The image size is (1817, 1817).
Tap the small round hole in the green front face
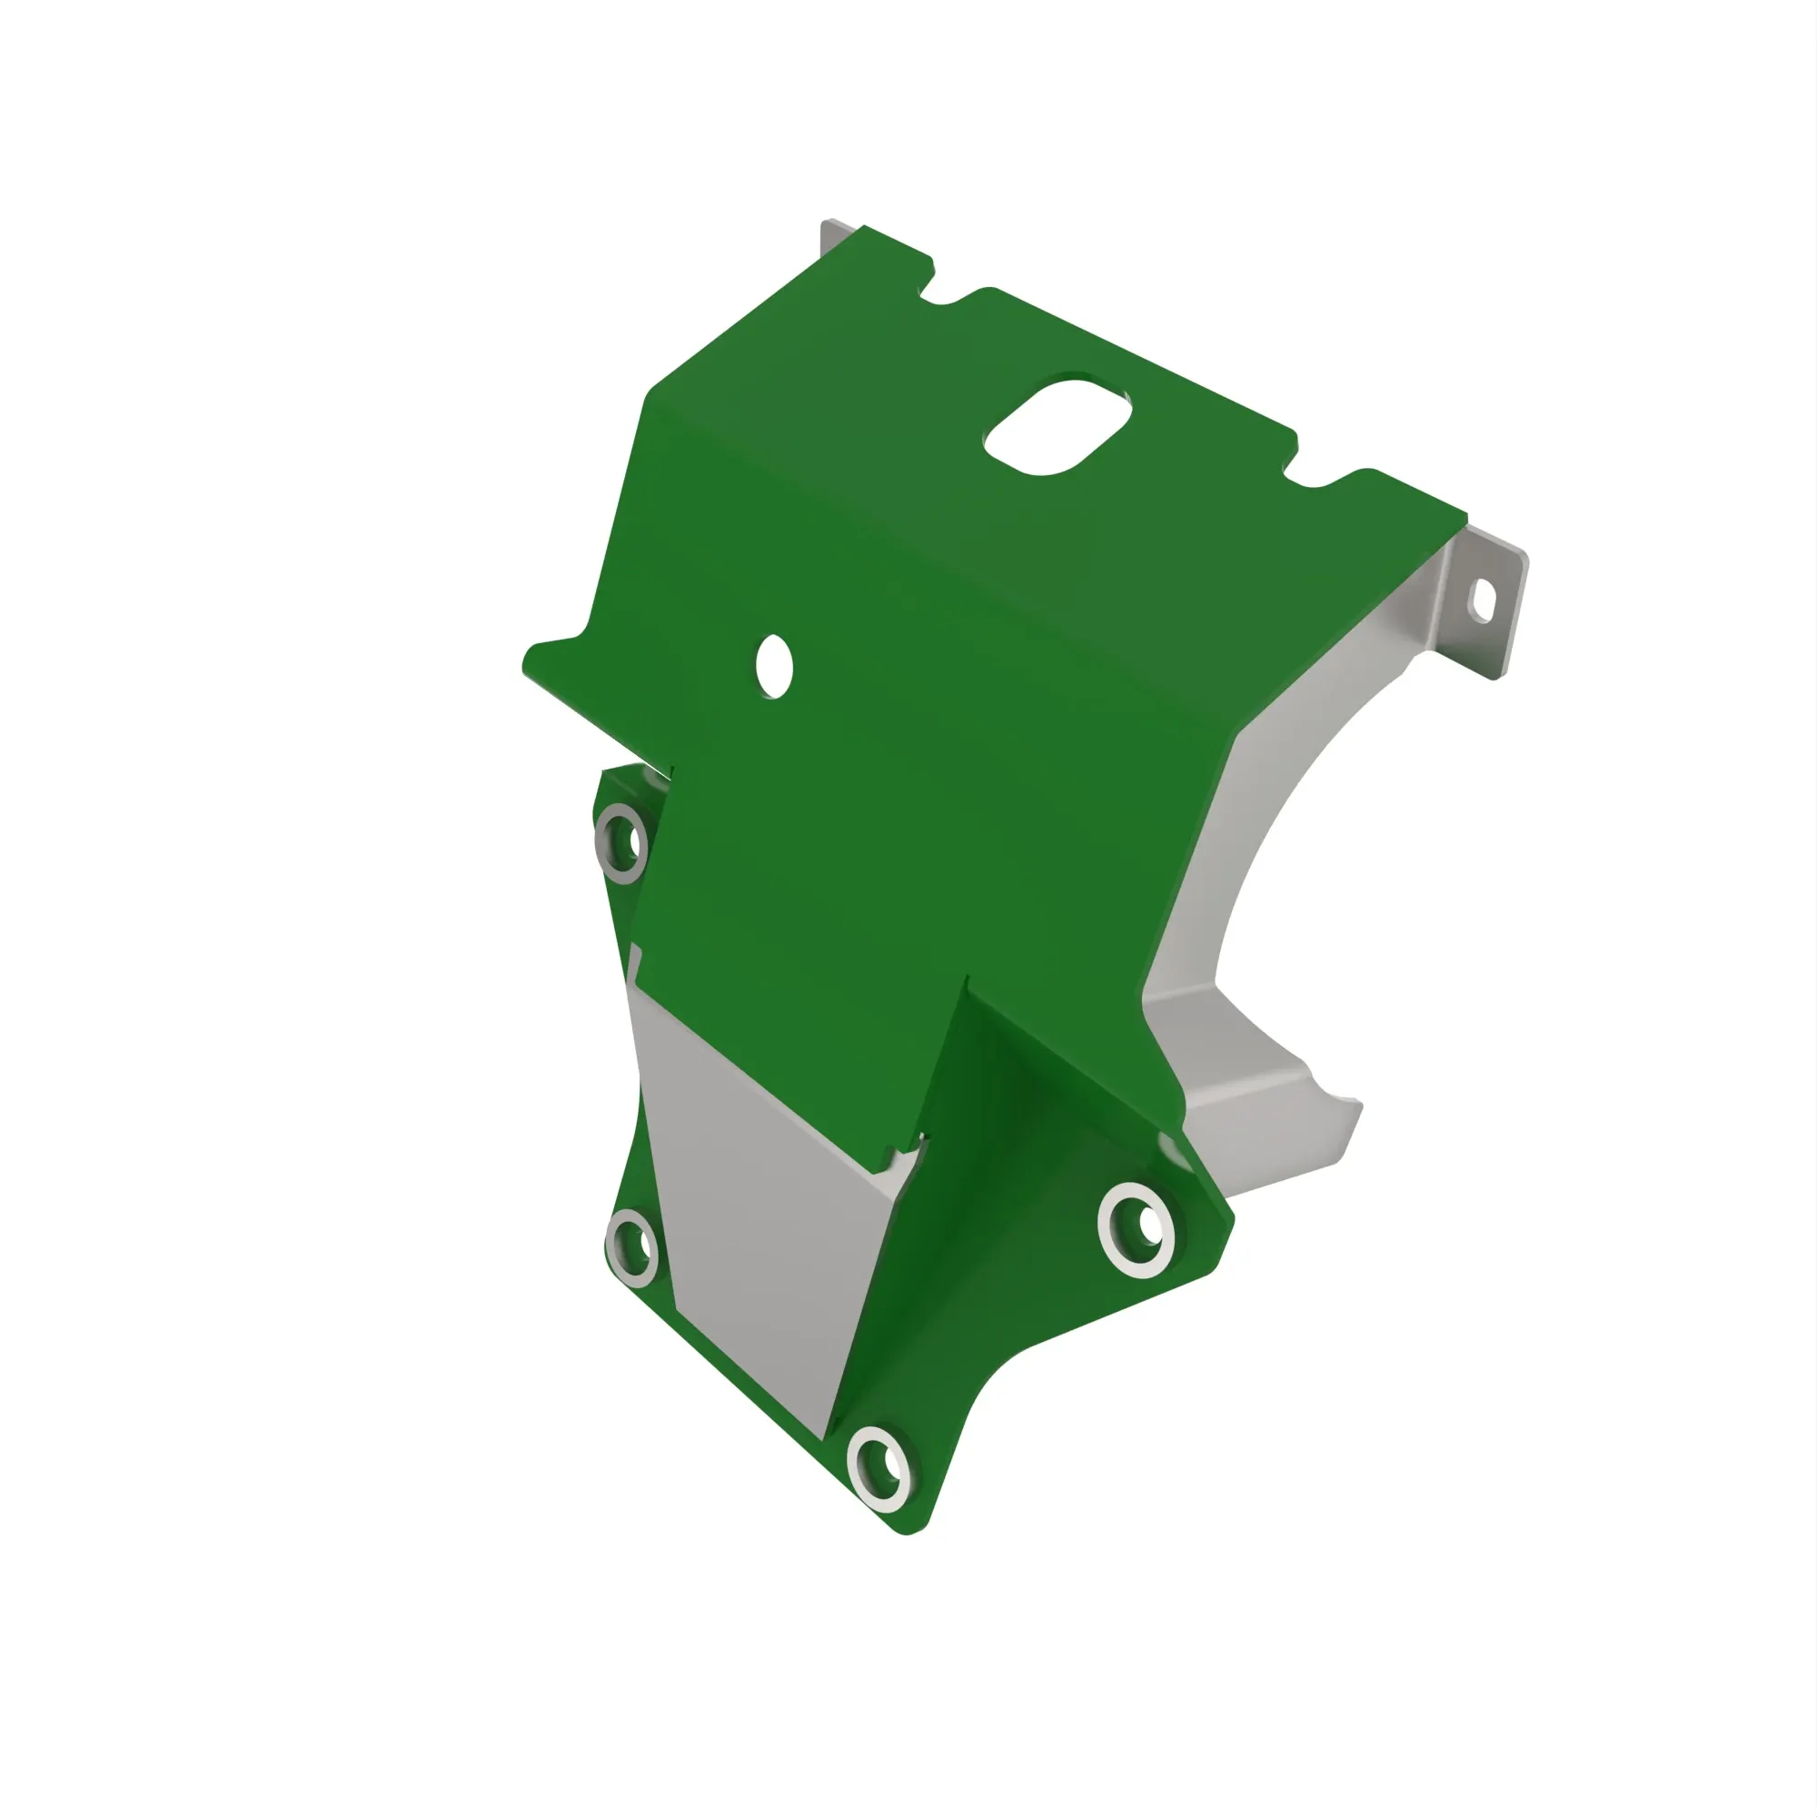pos(774,667)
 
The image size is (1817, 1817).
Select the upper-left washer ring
pos(621,843)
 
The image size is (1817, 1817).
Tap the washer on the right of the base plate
pos(1137,1230)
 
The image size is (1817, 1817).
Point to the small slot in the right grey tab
pos(1482,600)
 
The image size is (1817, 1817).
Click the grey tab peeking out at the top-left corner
pos(836,234)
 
